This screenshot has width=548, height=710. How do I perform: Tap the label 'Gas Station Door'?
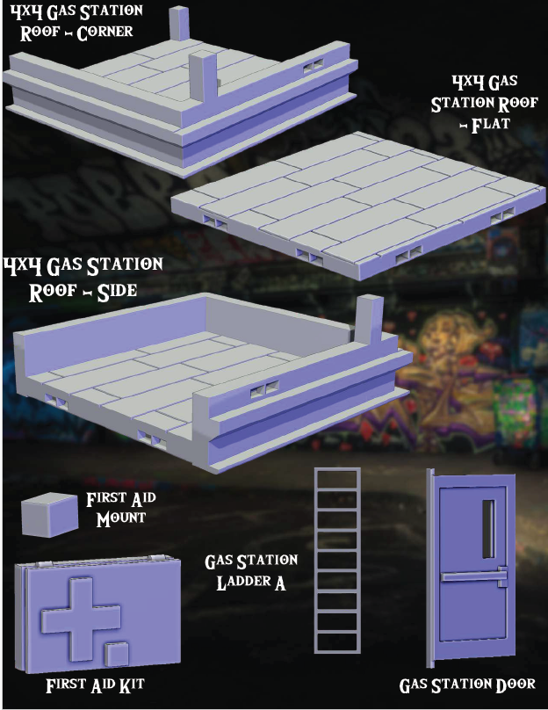pyautogui.click(x=467, y=685)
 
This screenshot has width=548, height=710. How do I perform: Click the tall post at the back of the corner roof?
pyautogui.click(x=180, y=24)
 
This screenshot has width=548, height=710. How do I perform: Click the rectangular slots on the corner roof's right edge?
pyautogui.click(x=314, y=68)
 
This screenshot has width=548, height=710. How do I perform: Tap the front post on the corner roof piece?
pyautogui.click(x=202, y=80)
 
